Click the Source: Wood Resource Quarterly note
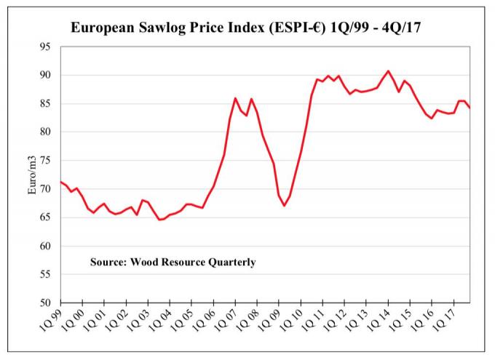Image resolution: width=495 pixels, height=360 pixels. pyautogui.click(x=173, y=262)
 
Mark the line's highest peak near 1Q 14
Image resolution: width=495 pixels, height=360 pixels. pyautogui.click(x=388, y=71)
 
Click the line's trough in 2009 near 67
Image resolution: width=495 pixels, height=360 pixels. pyautogui.click(x=285, y=206)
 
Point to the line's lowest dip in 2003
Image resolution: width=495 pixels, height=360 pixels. pyautogui.click(x=160, y=220)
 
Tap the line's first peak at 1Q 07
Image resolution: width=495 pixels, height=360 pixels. pyautogui.click(x=235, y=98)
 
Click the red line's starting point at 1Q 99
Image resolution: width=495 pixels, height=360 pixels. pyautogui.click(x=60, y=182)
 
